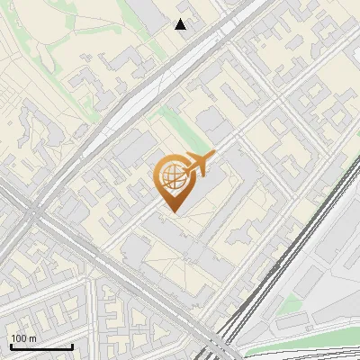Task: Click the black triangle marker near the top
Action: (181, 24)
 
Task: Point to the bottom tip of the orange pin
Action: (171, 212)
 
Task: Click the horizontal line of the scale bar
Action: (40, 347)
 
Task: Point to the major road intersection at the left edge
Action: (33, 216)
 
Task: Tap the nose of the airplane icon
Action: (213, 157)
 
